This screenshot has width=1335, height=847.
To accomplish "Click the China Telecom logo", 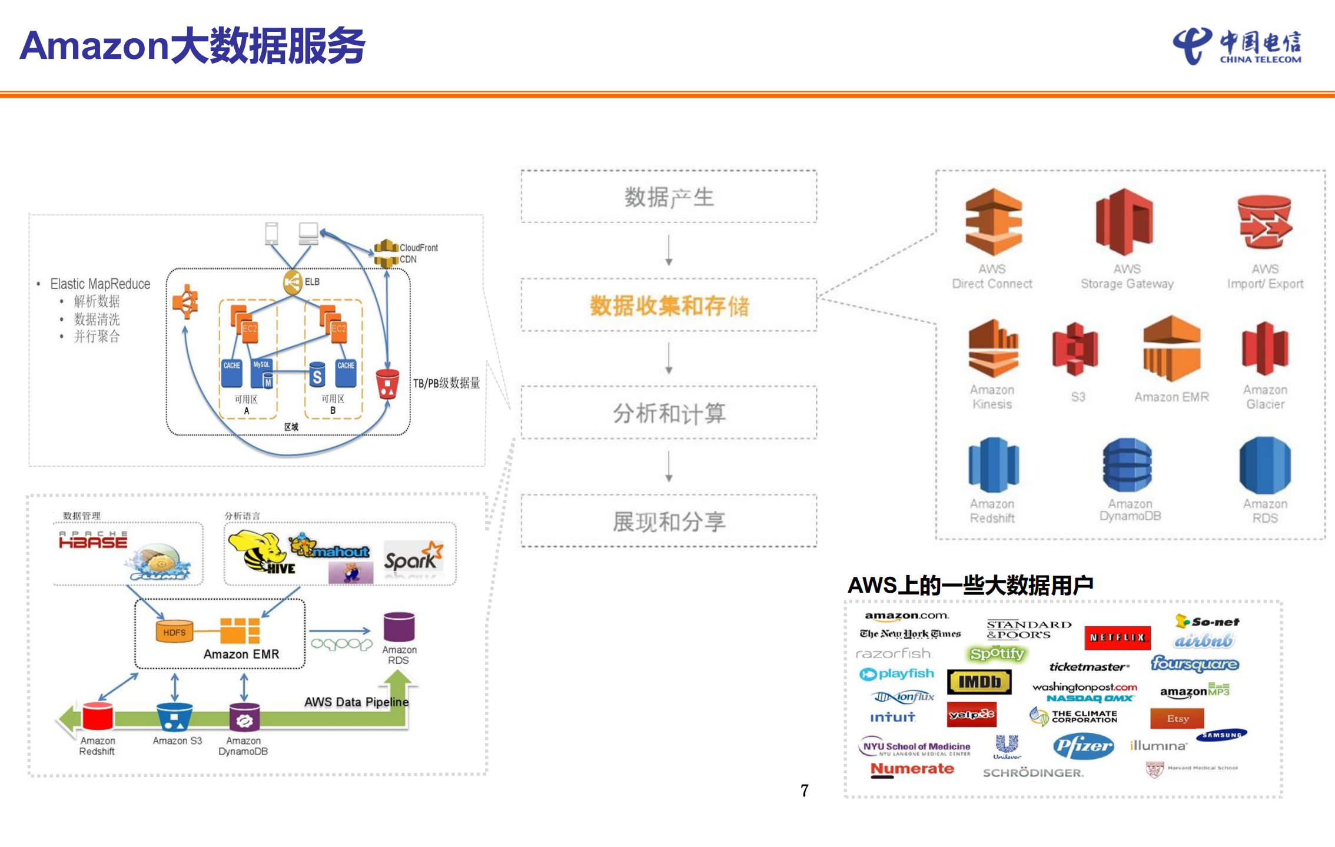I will coord(1237,46).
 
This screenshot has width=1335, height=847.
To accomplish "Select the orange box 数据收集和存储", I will coord(669,305).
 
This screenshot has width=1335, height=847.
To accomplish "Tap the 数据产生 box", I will coord(669,197).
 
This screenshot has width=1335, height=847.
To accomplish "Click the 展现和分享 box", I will coord(669,522).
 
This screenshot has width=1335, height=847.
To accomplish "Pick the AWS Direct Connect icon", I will coord(993,222).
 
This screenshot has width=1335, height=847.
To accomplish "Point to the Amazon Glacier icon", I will coord(1265,348).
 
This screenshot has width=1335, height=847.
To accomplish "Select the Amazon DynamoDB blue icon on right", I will coord(1127,465).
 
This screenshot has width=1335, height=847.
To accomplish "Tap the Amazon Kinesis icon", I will coord(993,348).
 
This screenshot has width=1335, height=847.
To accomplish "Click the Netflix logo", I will coord(1117,637).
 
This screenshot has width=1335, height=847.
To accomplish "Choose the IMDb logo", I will coord(979,682).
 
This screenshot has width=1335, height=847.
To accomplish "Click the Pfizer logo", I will coord(1083,746).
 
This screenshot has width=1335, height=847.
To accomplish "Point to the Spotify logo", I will coord(997,653).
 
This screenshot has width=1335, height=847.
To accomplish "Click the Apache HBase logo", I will coord(93,540).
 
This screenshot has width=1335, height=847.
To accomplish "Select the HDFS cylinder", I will coord(174,632).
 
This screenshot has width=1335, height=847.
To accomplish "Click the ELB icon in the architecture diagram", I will coord(293,282).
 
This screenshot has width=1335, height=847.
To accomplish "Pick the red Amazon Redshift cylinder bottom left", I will coord(98,716).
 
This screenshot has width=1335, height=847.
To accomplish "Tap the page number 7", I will coord(804,790).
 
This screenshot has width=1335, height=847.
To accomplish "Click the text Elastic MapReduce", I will coord(100,284).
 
